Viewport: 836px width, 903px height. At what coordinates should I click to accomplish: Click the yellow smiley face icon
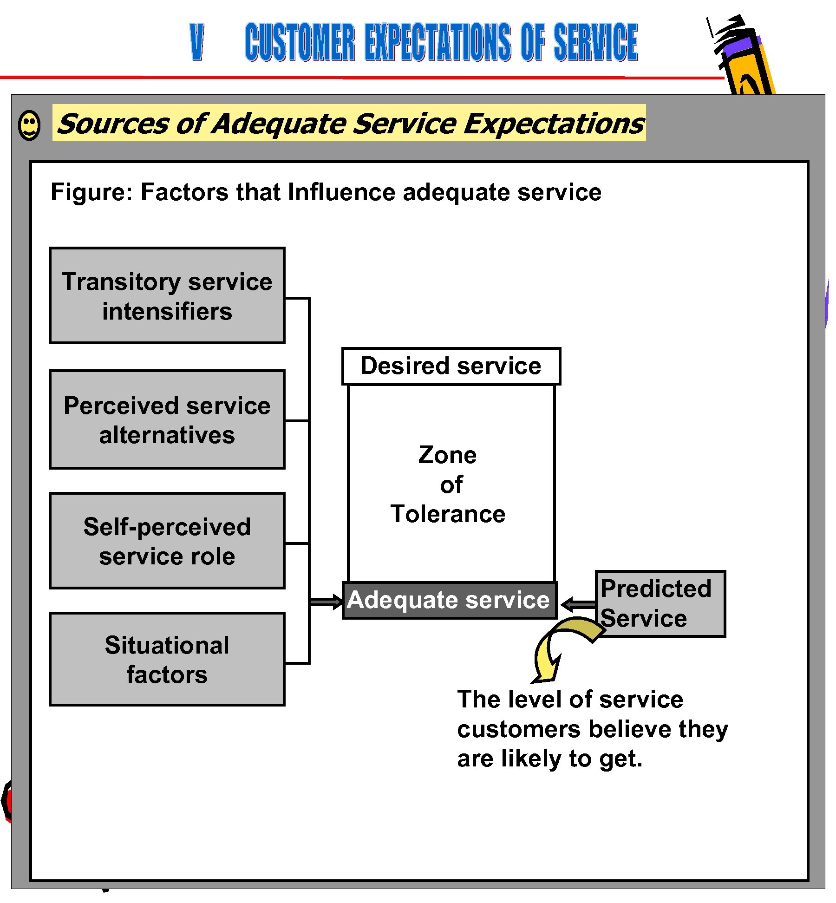[x=29, y=125]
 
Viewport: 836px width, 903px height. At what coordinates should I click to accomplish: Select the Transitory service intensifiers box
[x=167, y=296]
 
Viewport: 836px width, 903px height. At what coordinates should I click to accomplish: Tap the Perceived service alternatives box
[x=167, y=419]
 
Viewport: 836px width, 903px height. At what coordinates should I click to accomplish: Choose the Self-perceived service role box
[x=167, y=541]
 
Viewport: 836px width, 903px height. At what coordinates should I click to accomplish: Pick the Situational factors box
[x=167, y=659]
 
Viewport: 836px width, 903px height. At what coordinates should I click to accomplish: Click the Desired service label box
[x=451, y=366]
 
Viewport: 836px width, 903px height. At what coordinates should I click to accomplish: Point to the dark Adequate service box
[x=449, y=600]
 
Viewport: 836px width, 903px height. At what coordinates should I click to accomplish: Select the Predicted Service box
[x=660, y=603]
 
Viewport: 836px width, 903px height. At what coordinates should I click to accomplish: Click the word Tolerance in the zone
[x=448, y=514]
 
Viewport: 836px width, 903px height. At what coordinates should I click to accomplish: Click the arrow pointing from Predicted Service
[x=578, y=604]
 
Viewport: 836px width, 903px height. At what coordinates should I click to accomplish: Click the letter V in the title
[x=197, y=43]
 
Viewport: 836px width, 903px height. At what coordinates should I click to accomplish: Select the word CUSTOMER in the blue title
[x=300, y=43]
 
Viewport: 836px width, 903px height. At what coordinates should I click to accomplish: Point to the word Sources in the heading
[x=112, y=124]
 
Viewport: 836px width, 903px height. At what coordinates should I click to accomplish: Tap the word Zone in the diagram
[x=447, y=455]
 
